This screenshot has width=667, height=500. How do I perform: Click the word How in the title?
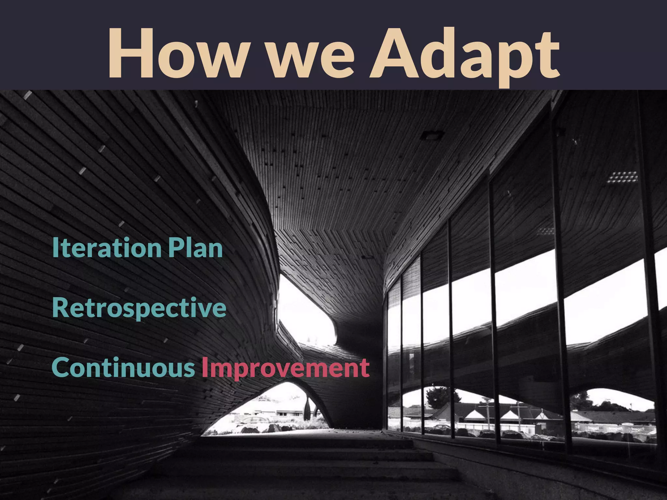176,54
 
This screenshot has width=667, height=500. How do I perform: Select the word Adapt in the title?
464,55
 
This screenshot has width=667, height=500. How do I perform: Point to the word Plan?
195,248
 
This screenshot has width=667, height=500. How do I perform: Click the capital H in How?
129,54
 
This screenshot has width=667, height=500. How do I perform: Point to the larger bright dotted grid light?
622,178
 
